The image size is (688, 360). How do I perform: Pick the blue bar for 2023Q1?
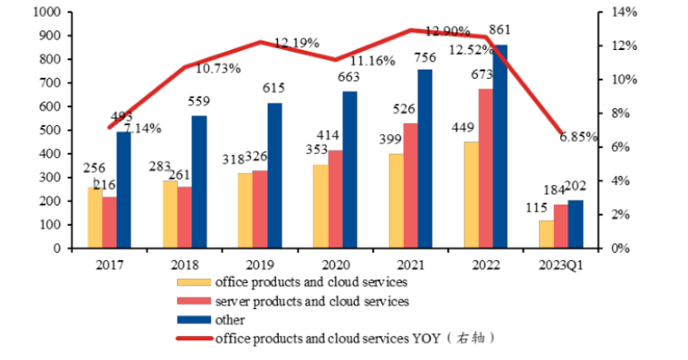(575, 224)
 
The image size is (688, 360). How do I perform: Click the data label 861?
(501, 31)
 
